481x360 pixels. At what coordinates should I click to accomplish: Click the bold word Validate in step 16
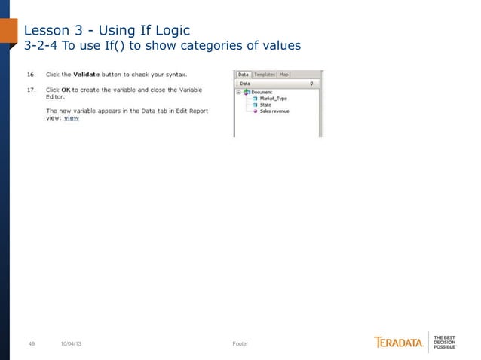[88, 75]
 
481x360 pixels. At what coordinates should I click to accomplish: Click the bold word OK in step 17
[66, 90]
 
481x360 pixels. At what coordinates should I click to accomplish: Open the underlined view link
[72, 117]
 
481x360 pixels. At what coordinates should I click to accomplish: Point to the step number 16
[31, 75]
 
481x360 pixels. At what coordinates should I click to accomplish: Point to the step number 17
[31, 90]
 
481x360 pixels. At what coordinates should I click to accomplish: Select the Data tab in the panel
[244, 75]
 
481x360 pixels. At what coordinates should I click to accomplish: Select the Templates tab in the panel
[264, 75]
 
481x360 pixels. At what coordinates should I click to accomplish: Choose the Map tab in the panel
[283, 75]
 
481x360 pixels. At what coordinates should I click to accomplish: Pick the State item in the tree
[266, 105]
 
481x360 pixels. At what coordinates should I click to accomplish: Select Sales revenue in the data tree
[274, 111]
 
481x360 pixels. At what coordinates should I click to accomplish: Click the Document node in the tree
[262, 92]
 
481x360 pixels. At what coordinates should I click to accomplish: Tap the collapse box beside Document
[238, 92]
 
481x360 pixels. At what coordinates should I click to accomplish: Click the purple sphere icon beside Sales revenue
[255, 111]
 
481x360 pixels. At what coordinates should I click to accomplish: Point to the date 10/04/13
[72, 343]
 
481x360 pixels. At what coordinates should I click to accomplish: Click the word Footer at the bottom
[240, 343]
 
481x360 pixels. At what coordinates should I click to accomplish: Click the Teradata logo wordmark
[399, 343]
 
